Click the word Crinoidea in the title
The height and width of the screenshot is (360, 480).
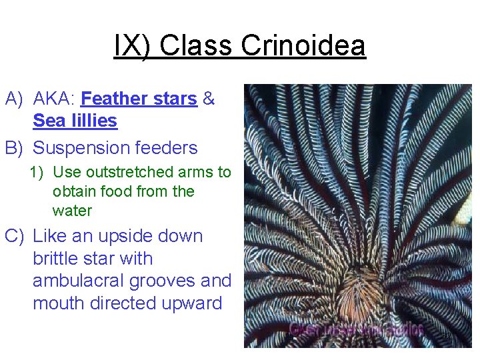303,47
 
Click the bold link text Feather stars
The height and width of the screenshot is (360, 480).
139,99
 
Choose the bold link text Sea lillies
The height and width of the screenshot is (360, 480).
75,121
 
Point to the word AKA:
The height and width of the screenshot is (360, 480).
54,99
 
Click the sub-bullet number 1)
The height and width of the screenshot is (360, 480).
37,172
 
